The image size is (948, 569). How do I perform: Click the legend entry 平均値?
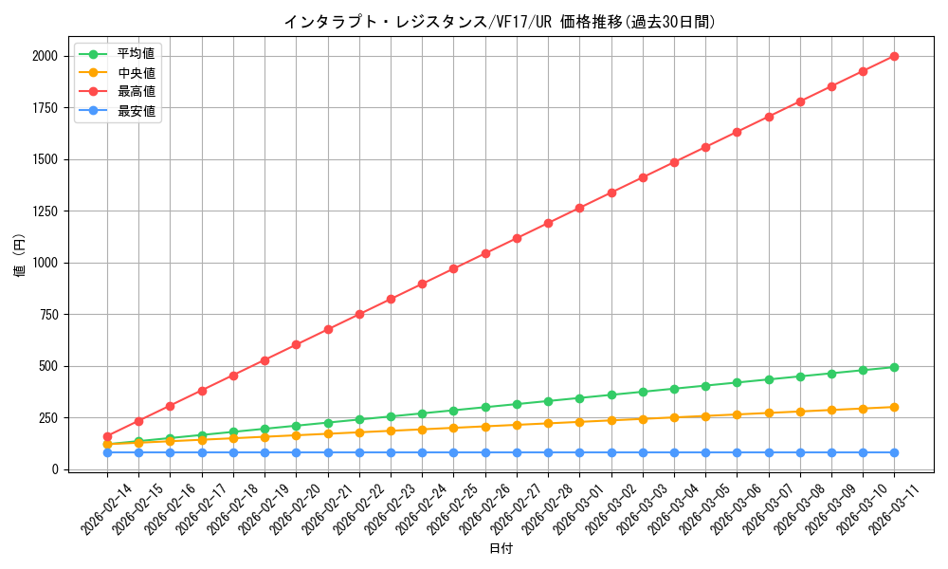tap(136, 53)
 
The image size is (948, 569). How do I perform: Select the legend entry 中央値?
tap(136, 72)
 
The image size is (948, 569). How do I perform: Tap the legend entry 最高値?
tap(136, 92)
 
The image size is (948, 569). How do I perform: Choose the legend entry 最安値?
tap(136, 111)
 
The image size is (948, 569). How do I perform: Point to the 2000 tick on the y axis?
tap(43, 57)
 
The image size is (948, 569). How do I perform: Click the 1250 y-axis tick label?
tap(43, 211)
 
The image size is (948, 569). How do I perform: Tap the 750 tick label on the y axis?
tap(46, 315)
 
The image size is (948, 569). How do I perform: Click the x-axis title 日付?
tap(501, 549)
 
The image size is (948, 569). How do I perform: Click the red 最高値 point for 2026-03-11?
tap(894, 56)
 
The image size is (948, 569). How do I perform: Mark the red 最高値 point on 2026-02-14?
tap(107, 437)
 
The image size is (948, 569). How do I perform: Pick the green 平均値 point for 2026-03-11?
tap(894, 367)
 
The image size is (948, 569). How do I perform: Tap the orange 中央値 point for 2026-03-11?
tap(894, 407)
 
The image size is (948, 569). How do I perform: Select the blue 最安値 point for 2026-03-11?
tap(894, 452)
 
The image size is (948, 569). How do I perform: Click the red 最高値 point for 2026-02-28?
tap(548, 223)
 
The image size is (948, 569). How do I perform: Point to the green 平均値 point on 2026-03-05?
tap(705, 386)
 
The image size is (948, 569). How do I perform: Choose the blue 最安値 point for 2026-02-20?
tap(296, 452)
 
